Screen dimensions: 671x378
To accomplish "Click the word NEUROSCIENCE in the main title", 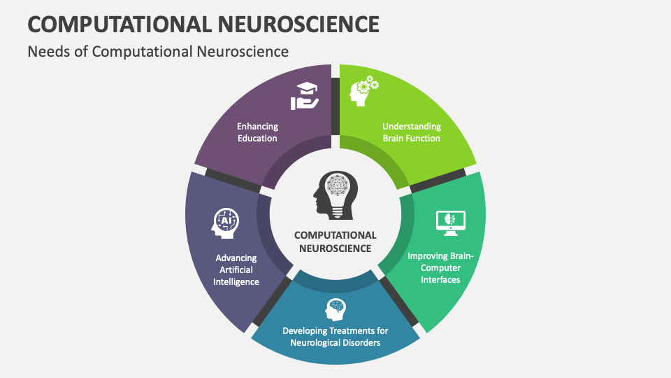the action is click(298, 24).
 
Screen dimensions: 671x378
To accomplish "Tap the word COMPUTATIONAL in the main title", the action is click(120, 24).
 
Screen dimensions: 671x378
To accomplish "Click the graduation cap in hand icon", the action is click(305, 96).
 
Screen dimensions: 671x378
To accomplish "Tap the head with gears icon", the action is click(363, 91).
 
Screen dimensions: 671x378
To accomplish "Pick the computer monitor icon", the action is click(451, 223).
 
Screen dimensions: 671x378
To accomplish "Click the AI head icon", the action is click(225, 223).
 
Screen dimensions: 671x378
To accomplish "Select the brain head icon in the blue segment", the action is click(335, 309).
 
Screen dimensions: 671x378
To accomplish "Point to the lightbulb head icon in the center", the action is click(335, 195).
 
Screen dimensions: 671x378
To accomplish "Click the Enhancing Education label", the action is click(258, 132).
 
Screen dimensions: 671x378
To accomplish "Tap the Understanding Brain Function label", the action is click(412, 132).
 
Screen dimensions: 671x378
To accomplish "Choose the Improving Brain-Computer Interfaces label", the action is click(440, 267).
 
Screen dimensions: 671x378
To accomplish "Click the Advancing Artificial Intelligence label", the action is click(236, 269).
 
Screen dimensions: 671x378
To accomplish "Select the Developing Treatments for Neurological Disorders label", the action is click(335, 337).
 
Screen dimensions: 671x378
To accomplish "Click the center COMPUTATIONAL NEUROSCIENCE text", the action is click(335, 241).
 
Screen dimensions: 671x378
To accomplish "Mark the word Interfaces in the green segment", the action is click(440, 279).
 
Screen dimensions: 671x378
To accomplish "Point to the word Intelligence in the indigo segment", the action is click(236, 281).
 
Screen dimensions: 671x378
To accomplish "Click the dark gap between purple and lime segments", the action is click(335, 106).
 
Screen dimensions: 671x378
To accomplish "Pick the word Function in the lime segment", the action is click(424, 138).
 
